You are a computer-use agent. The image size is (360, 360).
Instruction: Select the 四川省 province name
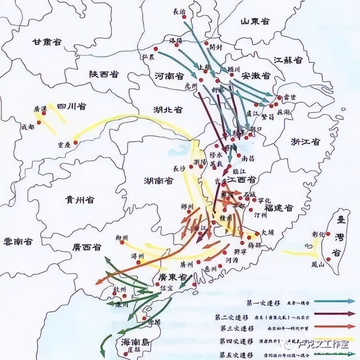click(x=72, y=106)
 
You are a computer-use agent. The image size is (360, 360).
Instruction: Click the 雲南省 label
click(x=18, y=242)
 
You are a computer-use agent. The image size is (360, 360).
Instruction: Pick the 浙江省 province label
click(x=306, y=142)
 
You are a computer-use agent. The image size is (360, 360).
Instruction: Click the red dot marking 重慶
click(x=75, y=143)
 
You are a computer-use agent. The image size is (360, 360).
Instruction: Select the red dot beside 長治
click(x=184, y=17)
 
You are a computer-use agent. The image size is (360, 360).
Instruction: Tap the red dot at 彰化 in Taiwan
click(x=328, y=234)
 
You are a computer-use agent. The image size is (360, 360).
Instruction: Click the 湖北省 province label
click(x=167, y=110)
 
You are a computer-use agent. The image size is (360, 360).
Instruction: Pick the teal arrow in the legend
click(x=335, y=301)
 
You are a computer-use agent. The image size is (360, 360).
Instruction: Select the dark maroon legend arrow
click(x=335, y=314)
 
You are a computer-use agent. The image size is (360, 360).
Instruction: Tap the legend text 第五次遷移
click(x=235, y=354)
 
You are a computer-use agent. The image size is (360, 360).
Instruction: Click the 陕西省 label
click(x=104, y=74)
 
